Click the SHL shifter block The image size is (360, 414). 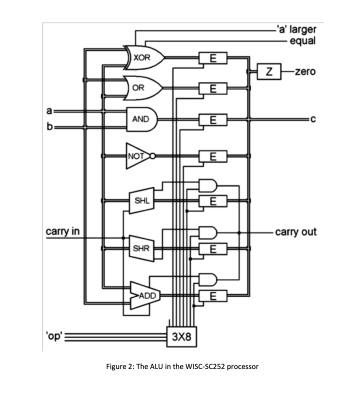coord(140,201)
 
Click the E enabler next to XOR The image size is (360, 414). coord(213,58)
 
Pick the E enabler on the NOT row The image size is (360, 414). coord(213,156)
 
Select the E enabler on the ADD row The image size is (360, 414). coord(213,295)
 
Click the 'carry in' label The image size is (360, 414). coord(62,231)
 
